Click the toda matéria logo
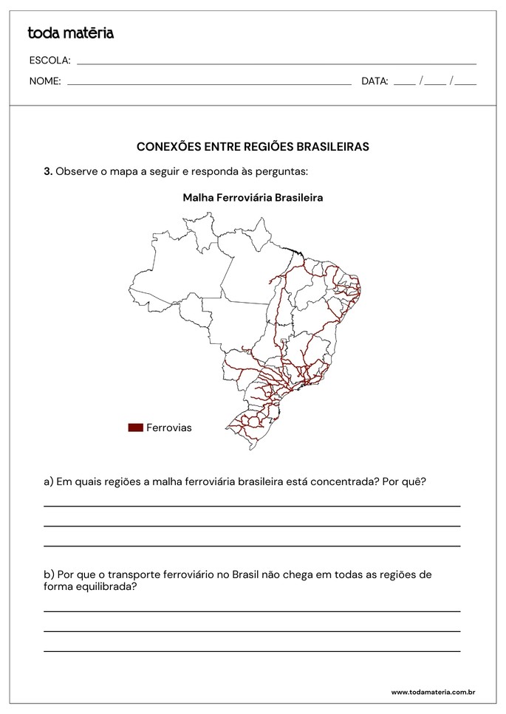click(70, 32)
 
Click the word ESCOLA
click(49, 60)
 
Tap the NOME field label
click(44, 81)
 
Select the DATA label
click(375, 81)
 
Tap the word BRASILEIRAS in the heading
click(332, 147)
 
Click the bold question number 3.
click(48, 171)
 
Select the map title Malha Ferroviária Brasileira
click(253, 198)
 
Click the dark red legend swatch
click(135, 428)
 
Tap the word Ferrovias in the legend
click(168, 428)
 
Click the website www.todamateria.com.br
click(433, 693)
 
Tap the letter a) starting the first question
click(49, 481)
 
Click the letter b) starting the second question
click(49, 574)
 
